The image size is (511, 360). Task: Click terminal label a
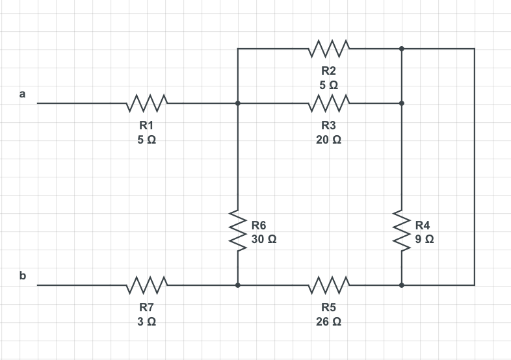(23, 94)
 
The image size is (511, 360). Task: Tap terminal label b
(23, 276)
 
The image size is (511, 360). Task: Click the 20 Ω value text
(329, 139)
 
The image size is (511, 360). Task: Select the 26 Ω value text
(329, 321)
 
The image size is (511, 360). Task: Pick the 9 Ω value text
(425, 238)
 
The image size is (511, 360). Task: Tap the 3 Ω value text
(147, 321)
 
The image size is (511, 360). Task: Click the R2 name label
(329, 70)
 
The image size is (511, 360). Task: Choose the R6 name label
(259, 225)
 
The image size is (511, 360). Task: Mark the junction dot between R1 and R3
(238, 103)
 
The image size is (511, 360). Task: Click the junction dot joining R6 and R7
(238, 285)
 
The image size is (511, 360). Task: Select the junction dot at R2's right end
(402, 48)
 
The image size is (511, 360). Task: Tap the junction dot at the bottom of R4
(402, 285)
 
